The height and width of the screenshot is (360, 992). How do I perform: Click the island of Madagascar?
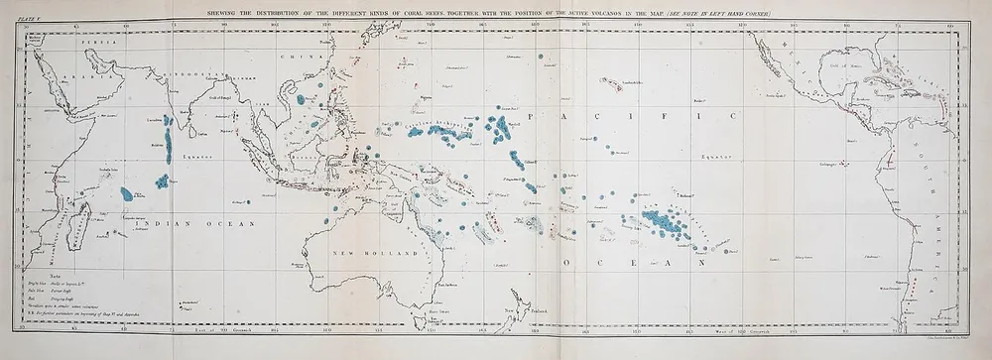click(x=84, y=219)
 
